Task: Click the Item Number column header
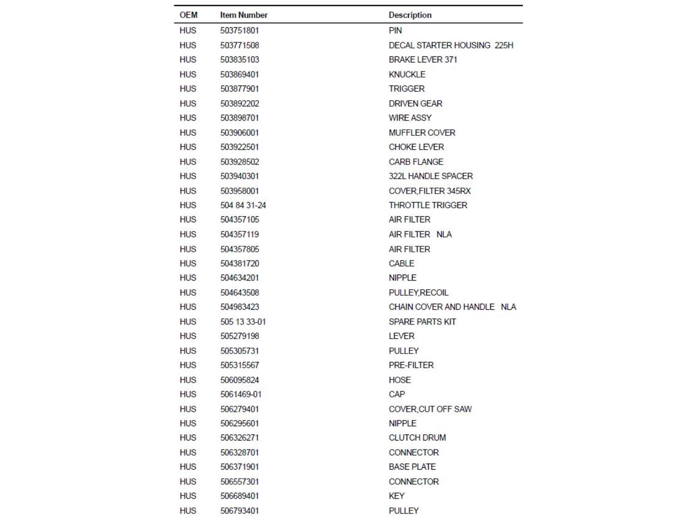[x=243, y=15]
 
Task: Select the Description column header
[x=410, y=15]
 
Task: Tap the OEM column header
[x=188, y=15]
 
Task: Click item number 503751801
[x=239, y=31]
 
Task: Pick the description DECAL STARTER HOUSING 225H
[x=450, y=45]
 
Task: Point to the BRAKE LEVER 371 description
[x=423, y=60]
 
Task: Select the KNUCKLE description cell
[x=407, y=74]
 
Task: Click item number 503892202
[x=239, y=104]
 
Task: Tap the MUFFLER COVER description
[x=422, y=133]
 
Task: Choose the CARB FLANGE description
[x=416, y=162]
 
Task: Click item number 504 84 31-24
[x=243, y=205]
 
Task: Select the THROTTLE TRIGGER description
[x=428, y=205]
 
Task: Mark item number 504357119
[x=239, y=234]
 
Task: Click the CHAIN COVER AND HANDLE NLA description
[x=452, y=307]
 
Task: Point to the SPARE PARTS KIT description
[x=422, y=322]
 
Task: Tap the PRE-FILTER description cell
[x=411, y=365]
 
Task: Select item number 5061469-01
[x=241, y=394]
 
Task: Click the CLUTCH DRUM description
[x=417, y=438]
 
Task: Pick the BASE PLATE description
[x=412, y=467]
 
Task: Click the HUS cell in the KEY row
[x=188, y=496]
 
